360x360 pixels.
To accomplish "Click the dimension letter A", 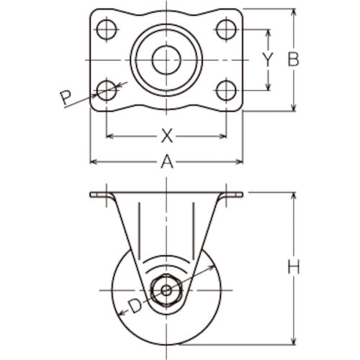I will point(167,163).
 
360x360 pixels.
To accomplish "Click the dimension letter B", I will point(293,60).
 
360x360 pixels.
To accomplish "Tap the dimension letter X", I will point(167,135).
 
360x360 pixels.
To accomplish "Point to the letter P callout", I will point(66,97).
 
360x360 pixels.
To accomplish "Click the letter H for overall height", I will point(293,268).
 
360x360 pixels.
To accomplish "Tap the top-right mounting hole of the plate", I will point(226,30).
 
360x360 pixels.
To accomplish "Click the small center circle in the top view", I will point(166,60).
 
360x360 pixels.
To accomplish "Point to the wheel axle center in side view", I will point(166,291).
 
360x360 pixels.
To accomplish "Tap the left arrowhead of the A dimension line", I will point(93,163).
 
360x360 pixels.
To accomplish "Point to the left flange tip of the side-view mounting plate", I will point(92,194).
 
